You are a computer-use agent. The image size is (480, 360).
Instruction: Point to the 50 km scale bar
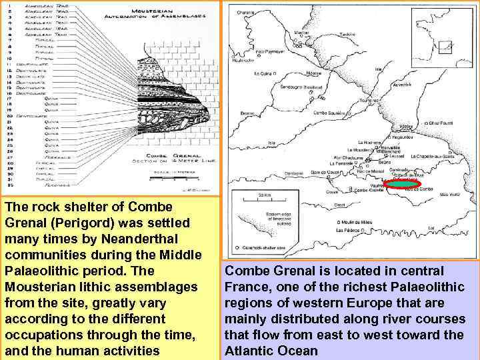[x=265, y=200]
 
